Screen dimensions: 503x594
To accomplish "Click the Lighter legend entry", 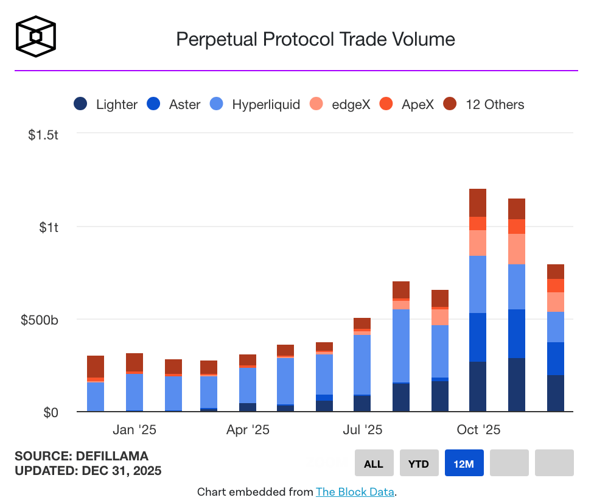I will pos(106,104).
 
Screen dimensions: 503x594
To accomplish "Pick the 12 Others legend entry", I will pos(483,104).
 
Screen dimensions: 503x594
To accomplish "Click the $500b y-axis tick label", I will pos(41,320).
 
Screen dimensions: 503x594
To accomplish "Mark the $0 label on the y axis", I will pos(51,412).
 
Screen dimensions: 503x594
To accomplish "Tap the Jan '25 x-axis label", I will pos(135,430).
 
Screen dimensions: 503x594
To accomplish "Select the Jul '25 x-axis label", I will pos(362,430).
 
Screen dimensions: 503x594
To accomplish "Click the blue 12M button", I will pos(464,463).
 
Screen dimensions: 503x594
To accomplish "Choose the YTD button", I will pos(419,463).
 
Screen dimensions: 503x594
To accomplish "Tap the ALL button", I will pos(374,463).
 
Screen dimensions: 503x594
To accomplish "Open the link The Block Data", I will pos(355,491).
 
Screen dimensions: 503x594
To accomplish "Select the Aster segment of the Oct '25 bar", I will pos(478,337).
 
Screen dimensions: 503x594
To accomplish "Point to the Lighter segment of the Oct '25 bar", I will pos(478,387).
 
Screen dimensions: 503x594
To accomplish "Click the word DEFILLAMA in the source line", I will pos(113,456).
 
